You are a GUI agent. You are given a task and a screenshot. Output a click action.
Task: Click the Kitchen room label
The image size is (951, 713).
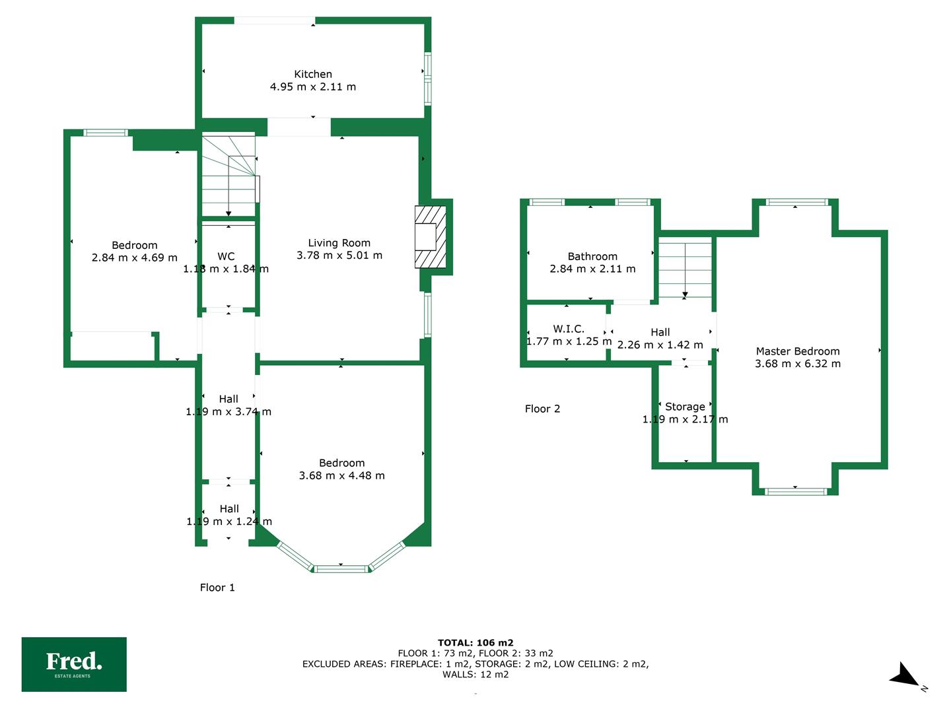point(313,74)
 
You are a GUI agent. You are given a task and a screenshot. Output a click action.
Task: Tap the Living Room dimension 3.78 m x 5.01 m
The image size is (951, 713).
point(339,255)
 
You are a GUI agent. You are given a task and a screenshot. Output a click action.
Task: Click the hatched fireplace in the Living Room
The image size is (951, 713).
point(430,237)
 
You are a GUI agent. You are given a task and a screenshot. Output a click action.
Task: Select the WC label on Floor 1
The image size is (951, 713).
point(226,256)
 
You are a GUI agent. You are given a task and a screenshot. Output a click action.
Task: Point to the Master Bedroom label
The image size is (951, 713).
point(798,351)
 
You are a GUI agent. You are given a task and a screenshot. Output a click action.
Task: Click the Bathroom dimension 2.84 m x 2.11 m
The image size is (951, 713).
point(592,269)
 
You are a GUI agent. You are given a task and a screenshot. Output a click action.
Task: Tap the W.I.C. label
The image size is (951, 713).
point(569,329)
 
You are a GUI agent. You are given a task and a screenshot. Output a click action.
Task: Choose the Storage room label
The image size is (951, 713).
point(685,407)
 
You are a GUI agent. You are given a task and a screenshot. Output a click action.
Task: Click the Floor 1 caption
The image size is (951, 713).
point(217,588)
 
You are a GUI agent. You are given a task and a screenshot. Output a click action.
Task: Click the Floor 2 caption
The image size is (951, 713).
point(542,409)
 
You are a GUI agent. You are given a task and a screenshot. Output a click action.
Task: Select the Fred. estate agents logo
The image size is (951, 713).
point(74,664)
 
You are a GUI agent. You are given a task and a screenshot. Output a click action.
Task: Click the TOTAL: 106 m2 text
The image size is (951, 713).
point(475,643)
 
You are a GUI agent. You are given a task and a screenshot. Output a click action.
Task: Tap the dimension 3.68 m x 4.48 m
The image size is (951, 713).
point(341,475)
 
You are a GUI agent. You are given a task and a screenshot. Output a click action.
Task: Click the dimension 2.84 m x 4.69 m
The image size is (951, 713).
point(134,257)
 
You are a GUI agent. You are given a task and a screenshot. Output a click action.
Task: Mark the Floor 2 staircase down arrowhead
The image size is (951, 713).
point(685,295)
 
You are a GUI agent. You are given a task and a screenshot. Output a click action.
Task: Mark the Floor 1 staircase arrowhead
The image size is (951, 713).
point(229,213)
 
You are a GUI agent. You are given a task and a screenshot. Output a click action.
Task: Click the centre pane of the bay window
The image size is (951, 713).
point(341,569)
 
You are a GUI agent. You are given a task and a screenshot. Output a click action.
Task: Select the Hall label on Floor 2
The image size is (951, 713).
point(660,332)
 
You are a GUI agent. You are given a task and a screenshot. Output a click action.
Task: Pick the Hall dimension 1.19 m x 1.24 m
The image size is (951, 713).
point(229,522)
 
